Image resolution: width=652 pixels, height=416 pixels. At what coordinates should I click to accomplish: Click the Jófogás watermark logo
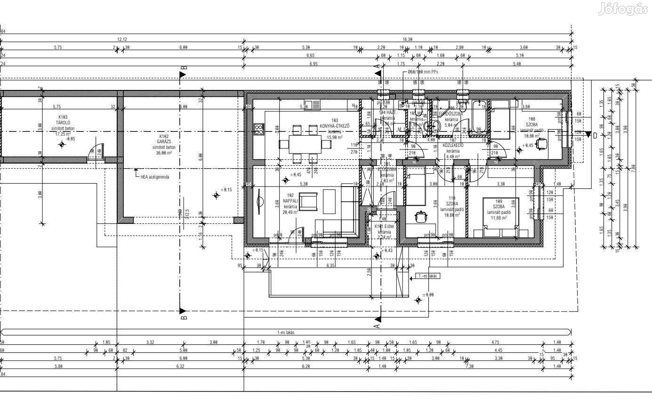point(624,9)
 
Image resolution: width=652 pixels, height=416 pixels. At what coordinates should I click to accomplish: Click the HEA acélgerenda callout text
point(154,177)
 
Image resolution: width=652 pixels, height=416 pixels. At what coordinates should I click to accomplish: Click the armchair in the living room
point(308,202)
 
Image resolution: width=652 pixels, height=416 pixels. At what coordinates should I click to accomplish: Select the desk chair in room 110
point(420,216)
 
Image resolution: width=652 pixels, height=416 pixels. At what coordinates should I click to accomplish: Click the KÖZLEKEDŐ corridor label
point(452,146)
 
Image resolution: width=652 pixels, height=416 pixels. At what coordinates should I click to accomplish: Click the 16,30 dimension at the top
point(408,39)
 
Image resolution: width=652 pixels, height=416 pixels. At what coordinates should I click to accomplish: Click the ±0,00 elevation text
point(428,294)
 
